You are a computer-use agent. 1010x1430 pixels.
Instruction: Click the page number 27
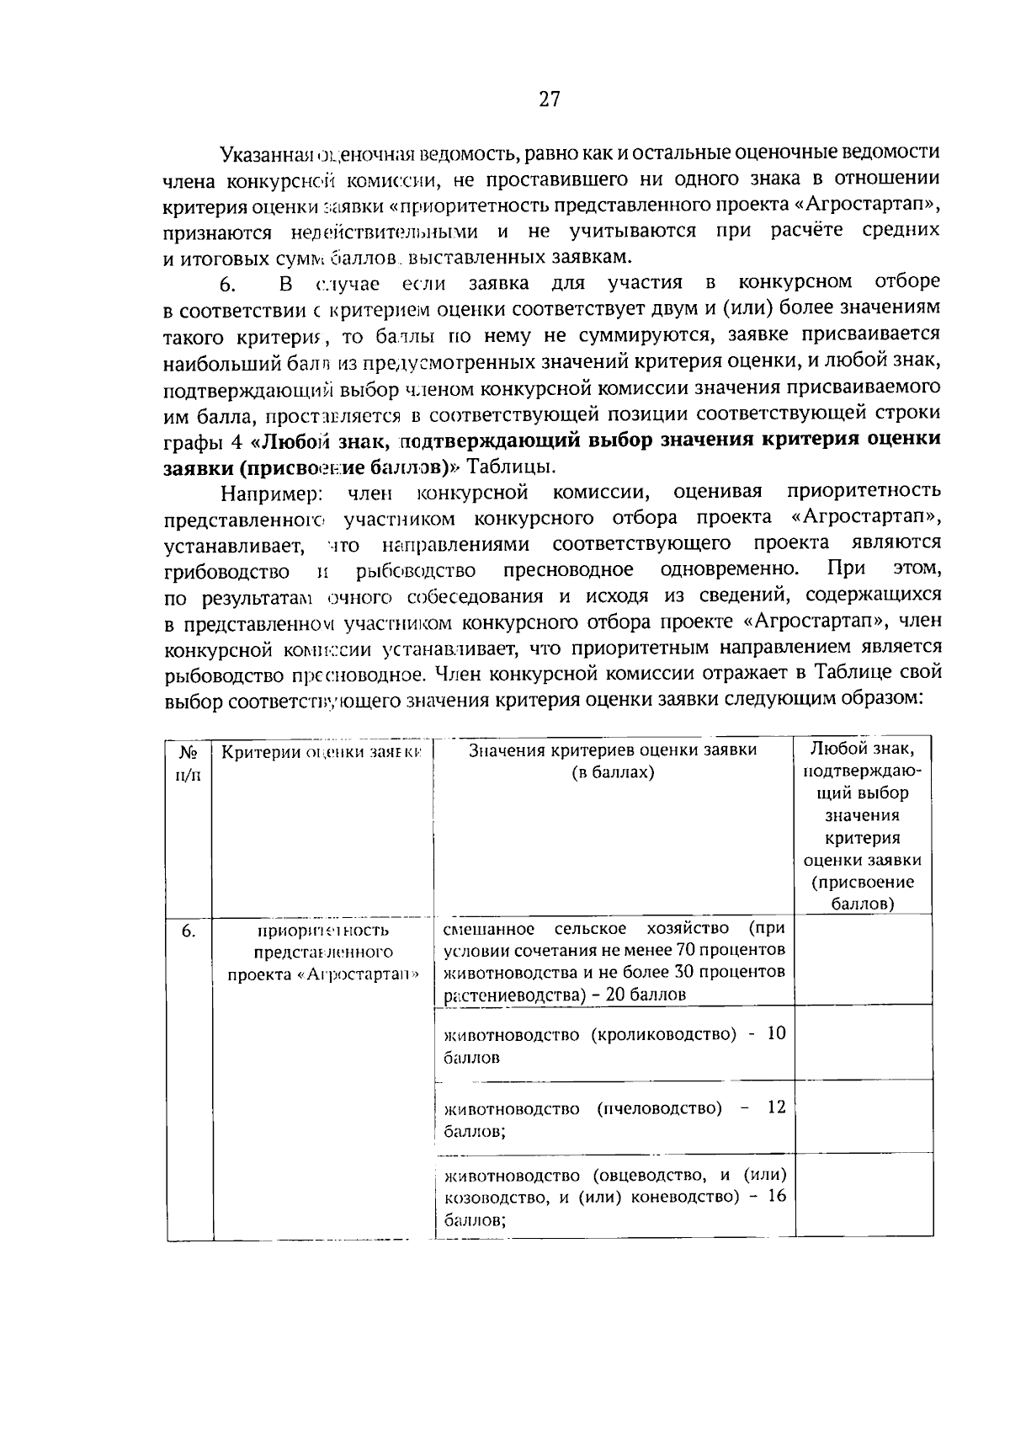(x=549, y=99)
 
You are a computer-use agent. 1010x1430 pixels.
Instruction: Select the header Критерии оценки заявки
(x=321, y=752)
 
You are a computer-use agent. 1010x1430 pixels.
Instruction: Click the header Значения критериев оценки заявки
(x=612, y=760)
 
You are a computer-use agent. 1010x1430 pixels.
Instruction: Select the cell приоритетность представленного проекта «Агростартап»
(x=323, y=952)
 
